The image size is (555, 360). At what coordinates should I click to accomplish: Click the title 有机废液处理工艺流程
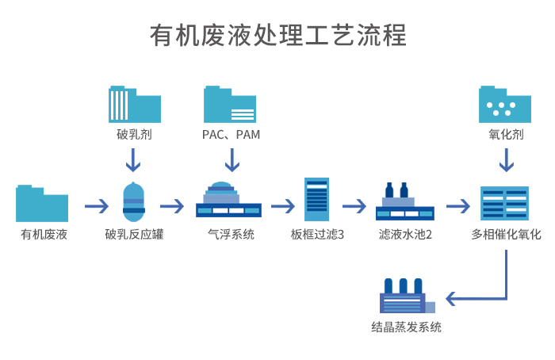[x=277, y=36]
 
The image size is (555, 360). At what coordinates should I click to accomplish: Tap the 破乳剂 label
[x=133, y=135]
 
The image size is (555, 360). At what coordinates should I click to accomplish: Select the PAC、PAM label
[x=231, y=135]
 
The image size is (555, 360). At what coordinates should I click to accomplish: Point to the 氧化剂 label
[x=505, y=135]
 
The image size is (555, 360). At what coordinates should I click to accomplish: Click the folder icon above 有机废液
[x=42, y=203]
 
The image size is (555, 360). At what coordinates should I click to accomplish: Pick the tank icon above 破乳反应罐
[x=134, y=204]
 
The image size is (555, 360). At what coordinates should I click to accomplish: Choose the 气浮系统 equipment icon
[x=228, y=201]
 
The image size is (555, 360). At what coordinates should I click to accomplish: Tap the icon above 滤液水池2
[x=404, y=203]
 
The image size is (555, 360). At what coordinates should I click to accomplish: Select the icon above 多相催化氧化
[x=505, y=202]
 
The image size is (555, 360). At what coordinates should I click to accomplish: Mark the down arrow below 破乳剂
[x=133, y=160]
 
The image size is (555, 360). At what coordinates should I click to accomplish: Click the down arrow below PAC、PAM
[x=232, y=160]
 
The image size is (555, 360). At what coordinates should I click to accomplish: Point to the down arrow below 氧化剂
[x=505, y=160]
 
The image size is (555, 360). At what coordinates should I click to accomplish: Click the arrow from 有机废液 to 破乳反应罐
[x=97, y=206]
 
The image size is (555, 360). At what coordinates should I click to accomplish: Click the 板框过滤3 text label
[x=316, y=235]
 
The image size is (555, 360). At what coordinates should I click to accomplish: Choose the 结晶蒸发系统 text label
[x=406, y=327]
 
